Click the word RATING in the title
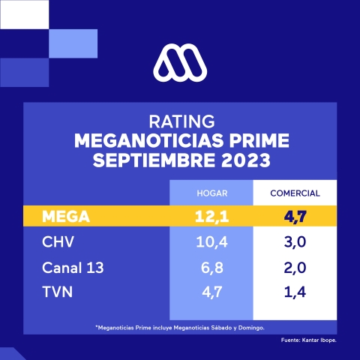[x=180, y=121]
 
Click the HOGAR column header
[x=211, y=193]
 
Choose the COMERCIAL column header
[x=295, y=193]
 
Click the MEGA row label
[x=68, y=217]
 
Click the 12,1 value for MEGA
[x=211, y=217]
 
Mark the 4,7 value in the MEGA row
[x=295, y=217]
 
